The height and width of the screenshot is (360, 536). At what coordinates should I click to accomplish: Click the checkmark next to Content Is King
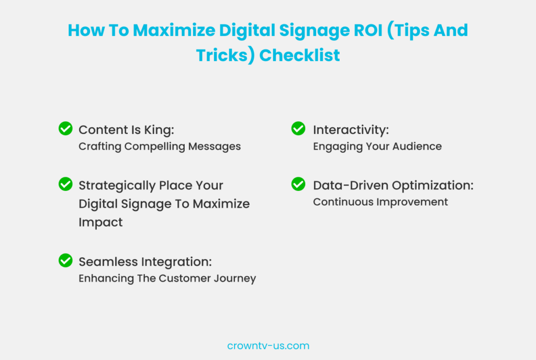click(x=65, y=129)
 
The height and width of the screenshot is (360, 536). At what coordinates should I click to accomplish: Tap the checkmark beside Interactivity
click(x=298, y=129)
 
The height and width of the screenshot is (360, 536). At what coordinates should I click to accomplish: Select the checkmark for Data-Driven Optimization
click(x=298, y=184)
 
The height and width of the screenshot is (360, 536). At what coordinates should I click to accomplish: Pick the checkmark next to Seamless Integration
click(x=65, y=261)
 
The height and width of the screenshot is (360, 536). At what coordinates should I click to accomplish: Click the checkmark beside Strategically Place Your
click(x=65, y=184)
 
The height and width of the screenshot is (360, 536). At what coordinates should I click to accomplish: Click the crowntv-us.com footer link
click(x=268, y=346)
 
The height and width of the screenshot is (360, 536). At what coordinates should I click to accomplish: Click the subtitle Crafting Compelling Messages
click(x=160, y=147)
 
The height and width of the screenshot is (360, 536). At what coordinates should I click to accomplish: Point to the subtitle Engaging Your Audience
click(x=377, y=147)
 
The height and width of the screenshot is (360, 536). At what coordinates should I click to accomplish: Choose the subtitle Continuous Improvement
click(x=381, y=202)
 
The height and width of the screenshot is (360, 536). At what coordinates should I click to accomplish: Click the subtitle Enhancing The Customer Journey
click(x=167, y=278)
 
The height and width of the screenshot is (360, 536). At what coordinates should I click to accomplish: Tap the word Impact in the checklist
click(x=100, y=222)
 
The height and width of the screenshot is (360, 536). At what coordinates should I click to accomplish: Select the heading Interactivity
click(x=351, y=130)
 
